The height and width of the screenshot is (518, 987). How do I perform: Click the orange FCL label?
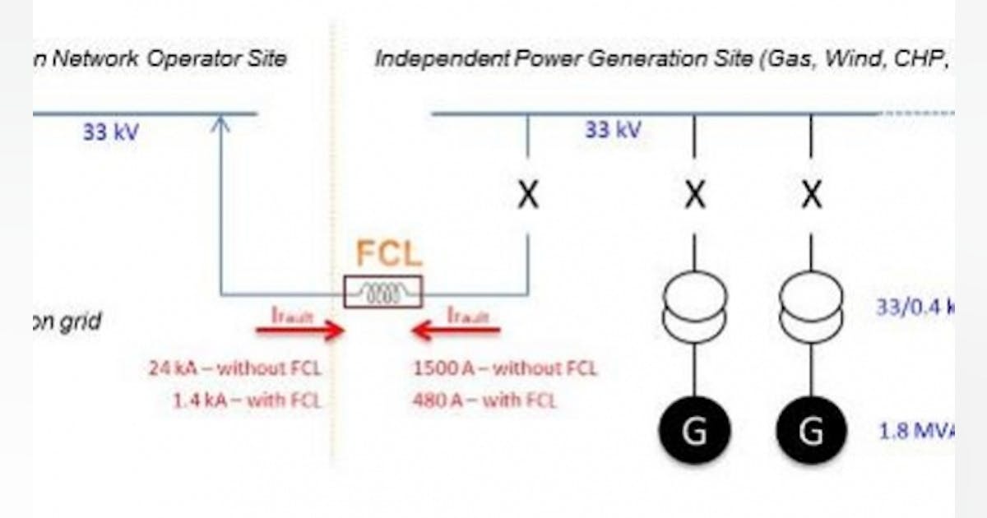(389, 254)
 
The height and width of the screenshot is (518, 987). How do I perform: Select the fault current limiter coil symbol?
(383, 292)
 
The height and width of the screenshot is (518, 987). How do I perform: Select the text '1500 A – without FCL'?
(504, 368)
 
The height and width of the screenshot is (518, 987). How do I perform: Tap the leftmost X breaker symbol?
(527, 196)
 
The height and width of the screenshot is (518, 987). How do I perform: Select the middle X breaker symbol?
(695, 196)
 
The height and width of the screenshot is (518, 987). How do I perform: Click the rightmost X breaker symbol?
(811, 196)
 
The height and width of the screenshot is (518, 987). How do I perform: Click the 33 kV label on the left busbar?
(110, 132)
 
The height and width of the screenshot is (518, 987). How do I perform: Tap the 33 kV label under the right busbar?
(613, 129)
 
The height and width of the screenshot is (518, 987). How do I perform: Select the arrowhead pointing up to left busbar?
(220, 123)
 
